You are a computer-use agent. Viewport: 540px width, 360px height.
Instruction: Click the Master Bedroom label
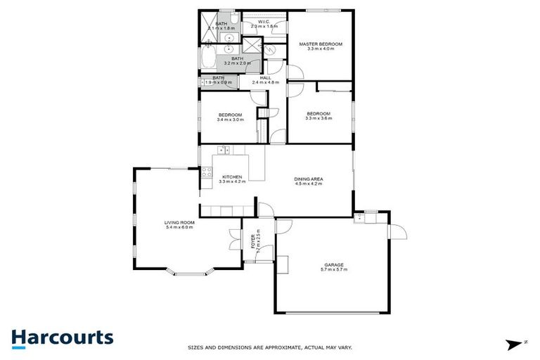(x=320, y=44)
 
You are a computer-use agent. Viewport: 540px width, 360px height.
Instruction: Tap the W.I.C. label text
(x=264, y=22)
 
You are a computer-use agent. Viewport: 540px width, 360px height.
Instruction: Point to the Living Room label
(x=179, y=222)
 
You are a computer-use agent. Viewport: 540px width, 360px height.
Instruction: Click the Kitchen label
(x=232, y=176)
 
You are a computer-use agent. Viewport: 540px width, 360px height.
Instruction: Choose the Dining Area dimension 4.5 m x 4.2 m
(x=308, y=184)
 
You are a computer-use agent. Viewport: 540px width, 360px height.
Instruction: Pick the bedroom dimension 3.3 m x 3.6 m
(x=318, y=118)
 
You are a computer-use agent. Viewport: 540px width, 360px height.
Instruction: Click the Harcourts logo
(x=63, y=337)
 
